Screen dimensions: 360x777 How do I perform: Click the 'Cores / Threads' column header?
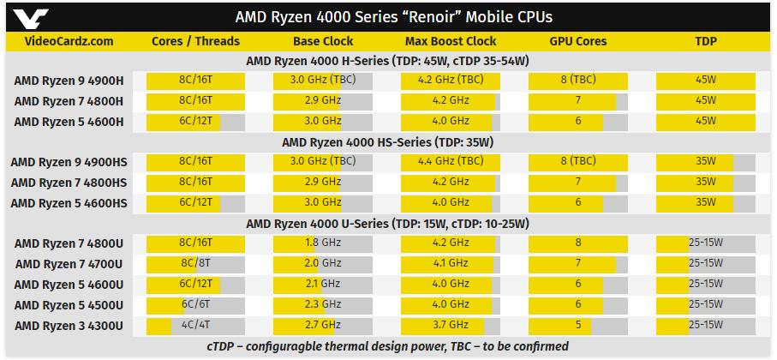[x=195, y=40]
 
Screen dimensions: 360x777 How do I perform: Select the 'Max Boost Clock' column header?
[x=450, y=40]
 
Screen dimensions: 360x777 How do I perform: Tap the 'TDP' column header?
[x=706, y=40]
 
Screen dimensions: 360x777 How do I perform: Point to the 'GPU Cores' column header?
[x=578, y=40]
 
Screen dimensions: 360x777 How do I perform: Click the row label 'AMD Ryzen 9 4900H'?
[x=69, y=81]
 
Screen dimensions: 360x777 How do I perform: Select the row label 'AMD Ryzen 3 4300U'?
[x=69, y=326]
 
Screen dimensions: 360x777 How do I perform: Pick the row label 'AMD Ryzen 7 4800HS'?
[x=69, y=183]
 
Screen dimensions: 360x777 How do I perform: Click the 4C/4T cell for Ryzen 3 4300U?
[x=195, y=326]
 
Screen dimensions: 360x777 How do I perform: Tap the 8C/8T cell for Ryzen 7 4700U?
[x=195, y=264]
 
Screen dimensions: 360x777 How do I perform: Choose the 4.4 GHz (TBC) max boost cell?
[x=450, y=162]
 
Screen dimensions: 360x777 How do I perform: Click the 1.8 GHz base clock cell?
[x=323, y=243]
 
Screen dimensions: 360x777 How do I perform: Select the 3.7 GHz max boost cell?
[x=450, y=326]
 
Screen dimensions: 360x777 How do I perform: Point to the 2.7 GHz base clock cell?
[x=323, y=326]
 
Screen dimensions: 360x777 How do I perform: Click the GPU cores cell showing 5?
[x=578, y=326]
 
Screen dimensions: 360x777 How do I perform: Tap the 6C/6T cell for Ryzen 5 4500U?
[x=195, y=305]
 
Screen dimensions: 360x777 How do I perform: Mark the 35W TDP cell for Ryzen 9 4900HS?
[x=706, y=162]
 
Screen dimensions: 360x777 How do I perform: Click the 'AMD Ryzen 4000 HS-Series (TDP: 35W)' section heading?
[x=388, y=142]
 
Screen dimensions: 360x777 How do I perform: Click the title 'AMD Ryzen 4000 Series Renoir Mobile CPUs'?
[x=388, y=17]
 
